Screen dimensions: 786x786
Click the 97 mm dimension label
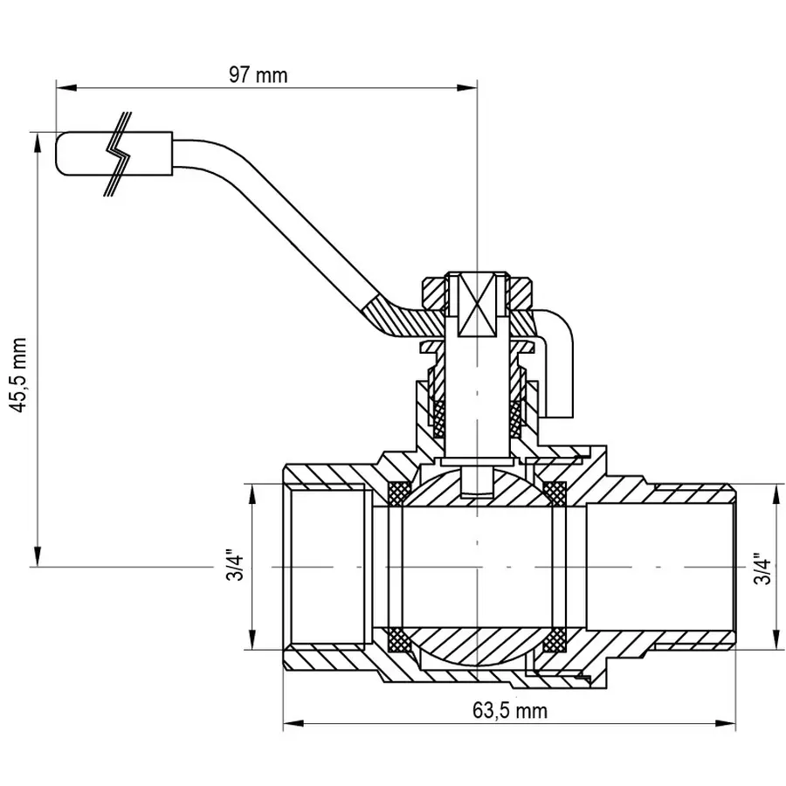click(x=258, y=74)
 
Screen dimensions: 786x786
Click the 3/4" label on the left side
click(x=232, y=567)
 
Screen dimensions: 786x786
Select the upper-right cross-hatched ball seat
click(x=554, y=493)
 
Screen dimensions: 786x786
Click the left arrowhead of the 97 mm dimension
click(x=63, y=86)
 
